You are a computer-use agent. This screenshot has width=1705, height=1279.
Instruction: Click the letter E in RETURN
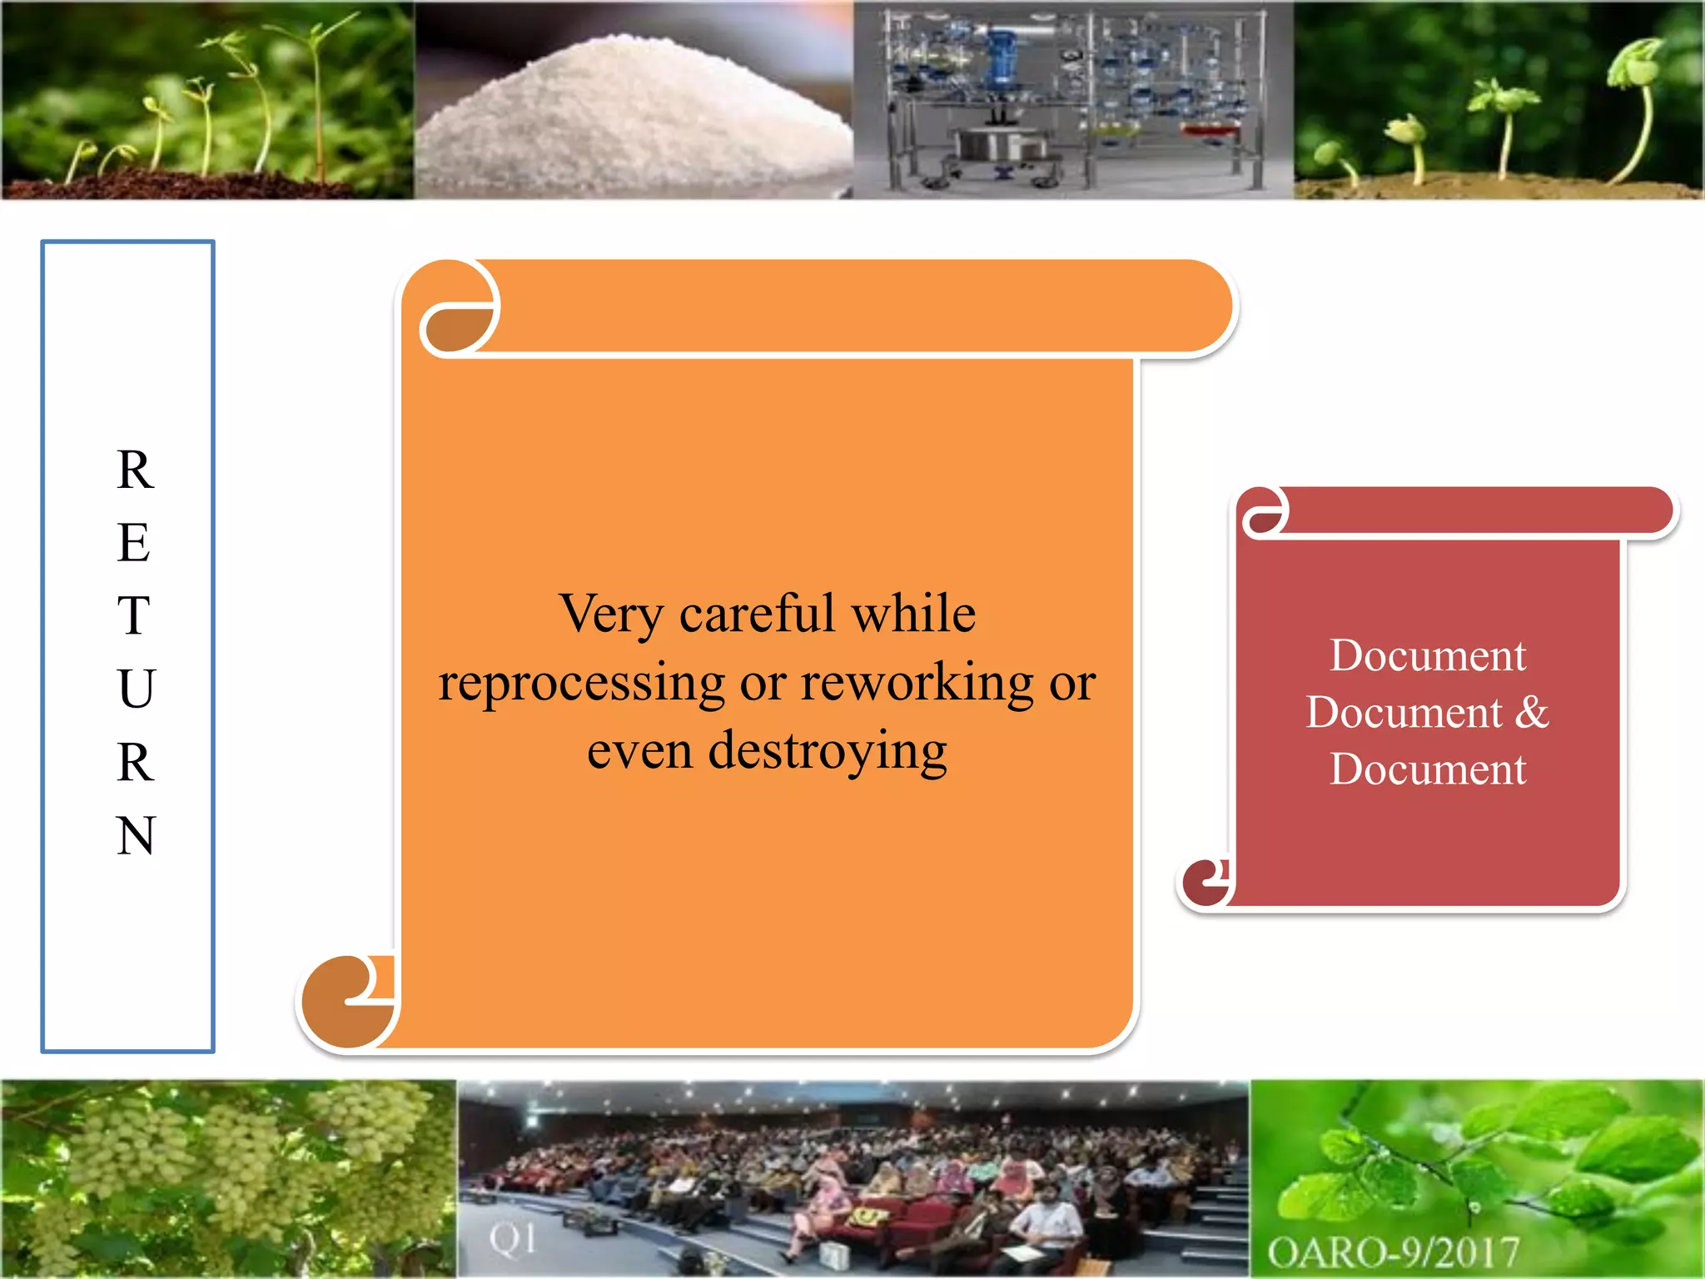click(134, 542)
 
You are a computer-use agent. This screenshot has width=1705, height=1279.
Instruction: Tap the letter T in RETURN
click(134, 615)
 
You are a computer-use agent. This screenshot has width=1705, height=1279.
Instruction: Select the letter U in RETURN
click(136, 689)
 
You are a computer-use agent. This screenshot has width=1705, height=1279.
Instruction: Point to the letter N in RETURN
click(136, 835)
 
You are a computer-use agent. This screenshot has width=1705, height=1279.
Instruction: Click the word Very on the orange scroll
click(611, 615)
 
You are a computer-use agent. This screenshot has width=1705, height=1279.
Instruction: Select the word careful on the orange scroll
click(757, 614)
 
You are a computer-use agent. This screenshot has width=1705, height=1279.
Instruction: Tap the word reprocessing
click(582, 684)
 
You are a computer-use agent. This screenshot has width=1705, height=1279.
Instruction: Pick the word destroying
click(828, 752)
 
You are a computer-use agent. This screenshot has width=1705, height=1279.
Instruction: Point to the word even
click(639, 752)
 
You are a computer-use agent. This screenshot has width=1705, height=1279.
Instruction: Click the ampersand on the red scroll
click(1532, 712)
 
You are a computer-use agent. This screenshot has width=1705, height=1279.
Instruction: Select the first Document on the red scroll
click(1428, 655)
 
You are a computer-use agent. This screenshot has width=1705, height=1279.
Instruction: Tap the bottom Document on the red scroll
click(1428, 769)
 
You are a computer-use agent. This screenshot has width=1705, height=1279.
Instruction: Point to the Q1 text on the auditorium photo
click(512, 1239)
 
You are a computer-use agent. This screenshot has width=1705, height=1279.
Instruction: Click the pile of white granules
click(633, 117)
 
